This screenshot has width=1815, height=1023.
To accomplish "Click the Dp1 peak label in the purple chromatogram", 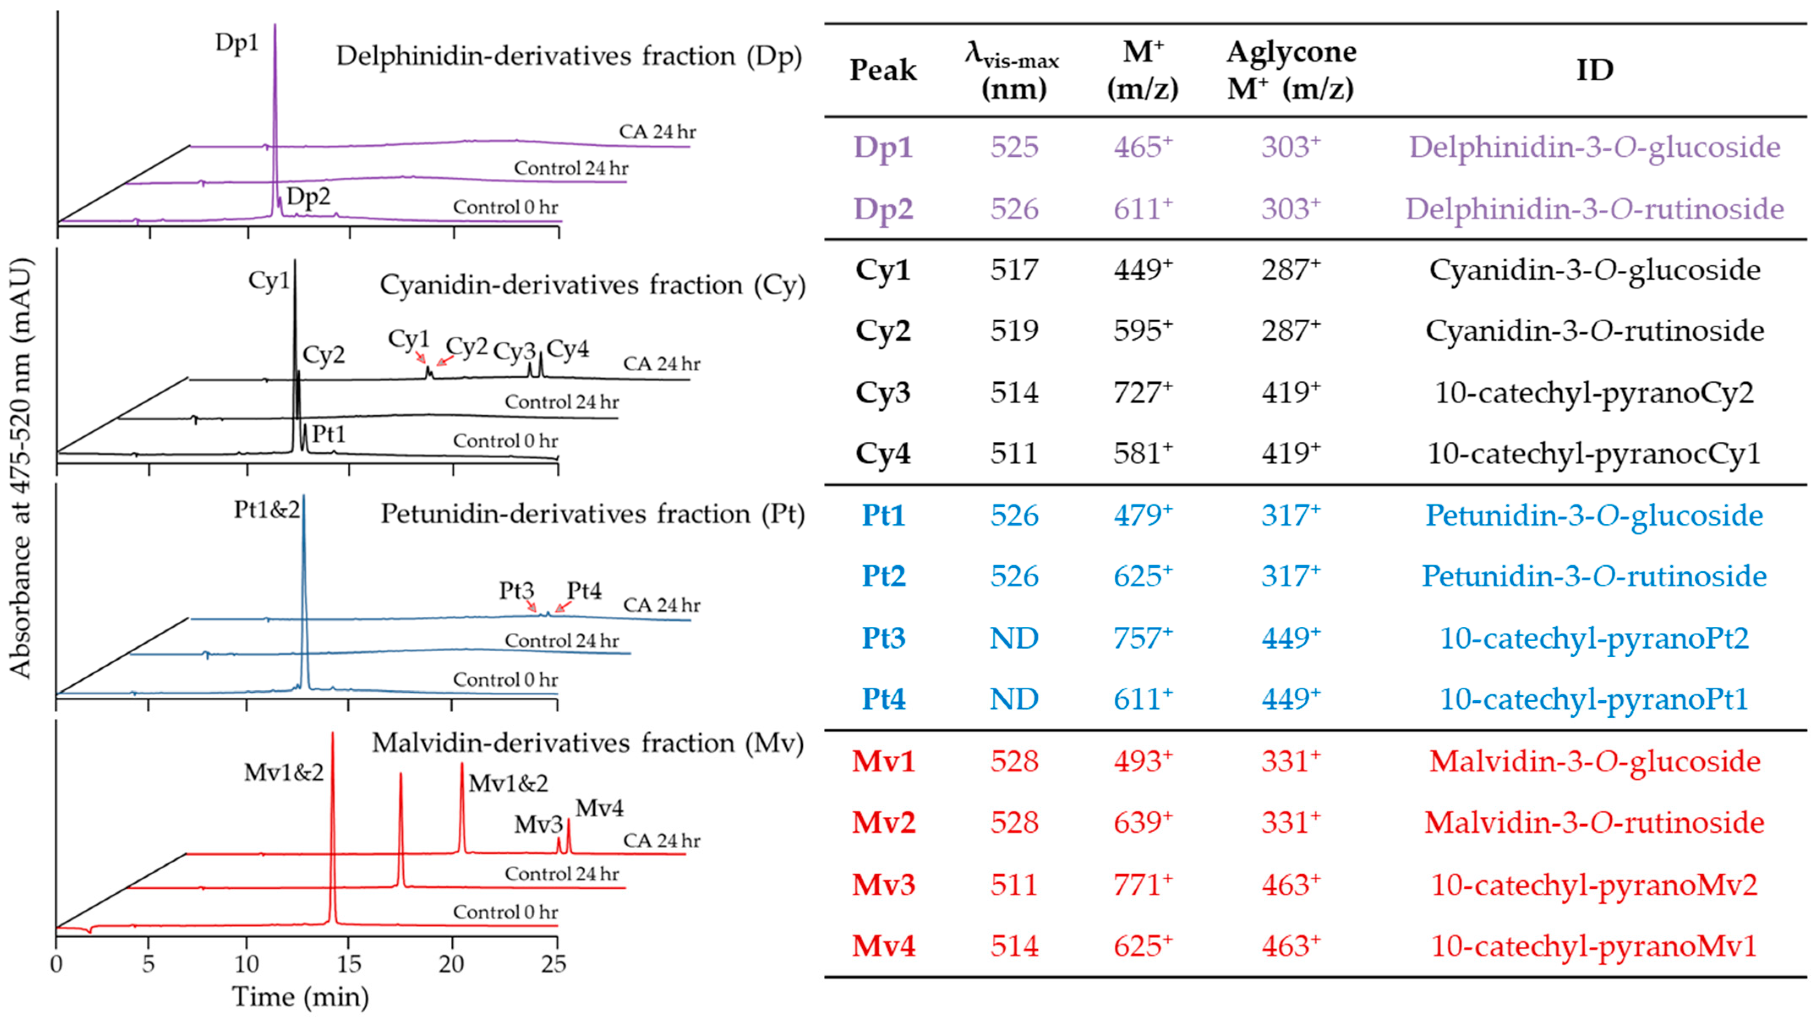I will click(237, 43).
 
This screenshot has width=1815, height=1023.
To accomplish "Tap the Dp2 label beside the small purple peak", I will click(308, 196).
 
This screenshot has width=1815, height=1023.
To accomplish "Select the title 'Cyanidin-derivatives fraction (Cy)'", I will click(592, 285).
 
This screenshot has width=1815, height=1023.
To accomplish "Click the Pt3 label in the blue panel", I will click(517, 590).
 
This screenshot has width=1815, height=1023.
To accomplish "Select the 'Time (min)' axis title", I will click(300, 996).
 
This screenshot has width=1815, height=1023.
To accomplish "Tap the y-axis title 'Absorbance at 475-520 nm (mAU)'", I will click(21, 468).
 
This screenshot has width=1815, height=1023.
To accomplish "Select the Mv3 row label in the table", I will click(883, 884).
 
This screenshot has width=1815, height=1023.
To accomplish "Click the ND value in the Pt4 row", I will click(1014, 699).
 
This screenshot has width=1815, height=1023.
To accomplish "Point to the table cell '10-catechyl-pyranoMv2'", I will click(1594, 884).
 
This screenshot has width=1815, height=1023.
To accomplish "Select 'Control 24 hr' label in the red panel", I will click(562, 874).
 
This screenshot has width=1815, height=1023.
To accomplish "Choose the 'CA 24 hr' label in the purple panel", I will click(657, 132).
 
